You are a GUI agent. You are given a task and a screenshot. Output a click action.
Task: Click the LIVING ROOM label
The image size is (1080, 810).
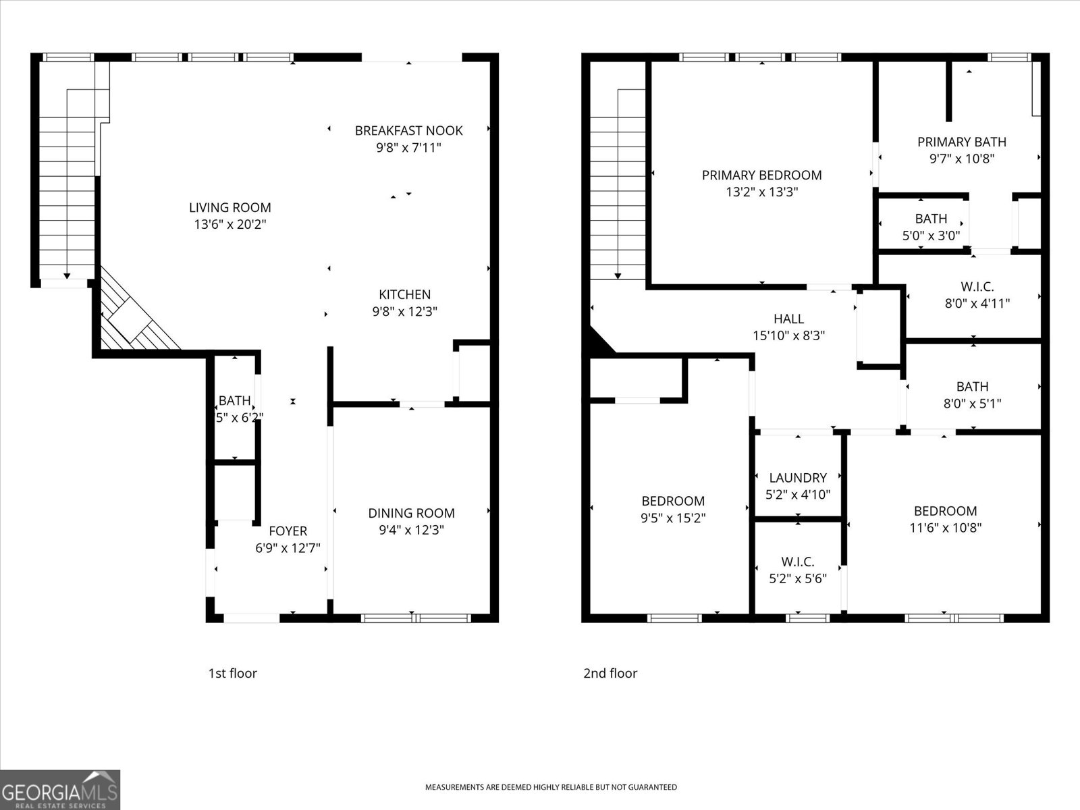pos(230,208)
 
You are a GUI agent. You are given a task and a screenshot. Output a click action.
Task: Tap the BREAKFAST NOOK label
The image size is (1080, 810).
pos(408,130)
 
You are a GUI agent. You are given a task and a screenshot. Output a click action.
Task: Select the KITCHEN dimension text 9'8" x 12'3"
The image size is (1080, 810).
pos(405,312)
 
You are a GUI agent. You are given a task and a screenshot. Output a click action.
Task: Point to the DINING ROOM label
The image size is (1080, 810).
pos(411,514)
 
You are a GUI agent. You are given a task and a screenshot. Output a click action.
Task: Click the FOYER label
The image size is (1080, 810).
pos(288,531)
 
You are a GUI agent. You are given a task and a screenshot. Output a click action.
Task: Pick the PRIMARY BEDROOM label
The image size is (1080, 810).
pos(761,175)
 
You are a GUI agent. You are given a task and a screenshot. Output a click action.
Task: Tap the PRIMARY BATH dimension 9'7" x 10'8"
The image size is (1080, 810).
pos(961,159)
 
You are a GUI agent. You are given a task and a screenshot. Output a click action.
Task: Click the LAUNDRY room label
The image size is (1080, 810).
pos(797,478)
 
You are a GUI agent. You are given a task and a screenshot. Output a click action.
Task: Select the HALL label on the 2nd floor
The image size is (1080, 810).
pos(788,319)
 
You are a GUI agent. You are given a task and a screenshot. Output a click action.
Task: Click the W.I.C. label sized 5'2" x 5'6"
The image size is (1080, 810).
pos(797,562)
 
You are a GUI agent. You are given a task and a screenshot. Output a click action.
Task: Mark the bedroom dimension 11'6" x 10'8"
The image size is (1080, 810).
pos(945,528)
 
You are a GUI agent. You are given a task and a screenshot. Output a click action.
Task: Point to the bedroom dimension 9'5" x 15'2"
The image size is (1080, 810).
pos(673,518)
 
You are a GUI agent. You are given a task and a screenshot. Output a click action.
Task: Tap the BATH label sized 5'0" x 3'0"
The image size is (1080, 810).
pos(931,219)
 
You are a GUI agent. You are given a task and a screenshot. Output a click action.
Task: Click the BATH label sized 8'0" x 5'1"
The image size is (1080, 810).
pos(972,387)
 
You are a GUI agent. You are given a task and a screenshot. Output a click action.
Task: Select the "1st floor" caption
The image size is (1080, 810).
pos(232,673)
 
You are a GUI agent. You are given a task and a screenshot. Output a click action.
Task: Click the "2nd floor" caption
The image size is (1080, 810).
pos(610,673)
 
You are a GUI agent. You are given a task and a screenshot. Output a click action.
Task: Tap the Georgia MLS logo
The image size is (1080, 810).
pos(60,790)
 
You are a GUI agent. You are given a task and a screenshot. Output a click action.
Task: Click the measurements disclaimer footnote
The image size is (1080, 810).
pos(551,787)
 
